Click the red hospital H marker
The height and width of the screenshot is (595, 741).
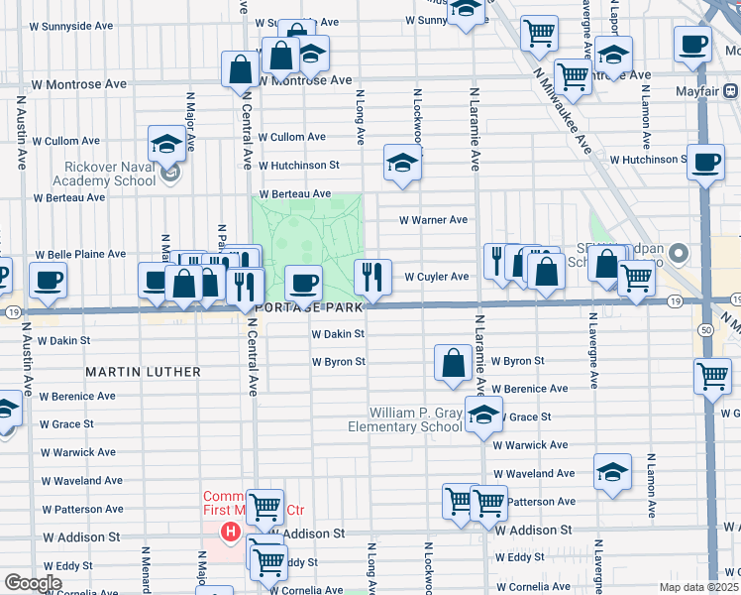[x=231, y=534]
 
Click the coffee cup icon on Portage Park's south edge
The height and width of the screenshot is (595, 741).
[x=304, y=284]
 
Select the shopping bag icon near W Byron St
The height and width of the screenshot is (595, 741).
[x=453, y=363]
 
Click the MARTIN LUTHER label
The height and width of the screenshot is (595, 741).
[x=143, y=372]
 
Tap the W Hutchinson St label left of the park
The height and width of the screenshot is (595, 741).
[x=298, y=165]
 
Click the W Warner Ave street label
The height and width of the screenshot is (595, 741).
[x=433, y=220]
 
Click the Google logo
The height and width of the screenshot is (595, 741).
[x=34, y=583]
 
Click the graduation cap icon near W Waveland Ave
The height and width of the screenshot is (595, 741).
[x=612, y=473]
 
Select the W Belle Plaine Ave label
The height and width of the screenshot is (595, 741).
[x=81, y=255]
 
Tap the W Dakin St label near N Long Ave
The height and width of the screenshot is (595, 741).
[x=338, y=335]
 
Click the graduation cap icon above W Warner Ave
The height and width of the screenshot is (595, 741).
[x=402, y=164]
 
